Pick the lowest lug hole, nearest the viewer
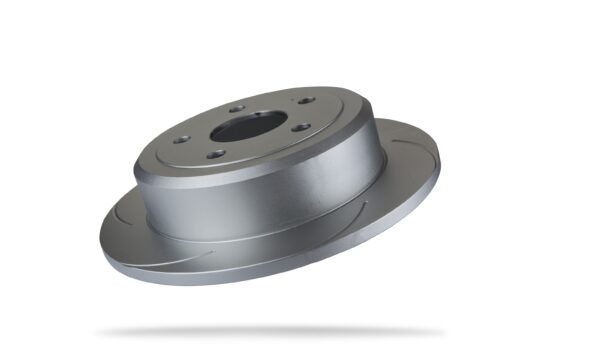point(216,154)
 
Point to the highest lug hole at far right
point(305,101)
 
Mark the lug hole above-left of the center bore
point(236,109)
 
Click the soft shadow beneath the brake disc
point(270,330)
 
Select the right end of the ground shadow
point(440,330)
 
